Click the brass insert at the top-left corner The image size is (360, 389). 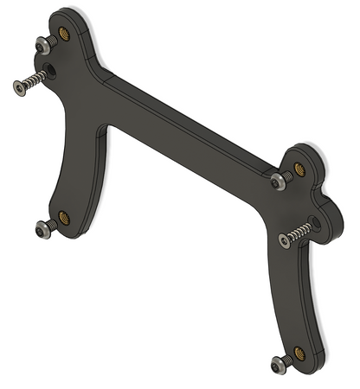tap(64, 35)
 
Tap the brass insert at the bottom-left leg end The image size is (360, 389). tap(63, 216)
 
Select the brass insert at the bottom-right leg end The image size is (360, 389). tap(299, 352)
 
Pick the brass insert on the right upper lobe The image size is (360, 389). tap(299, 168)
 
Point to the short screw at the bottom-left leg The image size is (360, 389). tap(43, 228)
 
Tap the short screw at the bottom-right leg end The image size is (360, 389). tap(280, 364)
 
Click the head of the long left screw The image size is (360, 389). tap(19, 86)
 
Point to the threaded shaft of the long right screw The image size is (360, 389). tap(299, 232)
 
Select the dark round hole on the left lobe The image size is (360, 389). tap(50, 68)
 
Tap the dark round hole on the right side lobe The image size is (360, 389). tap(315, 222)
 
